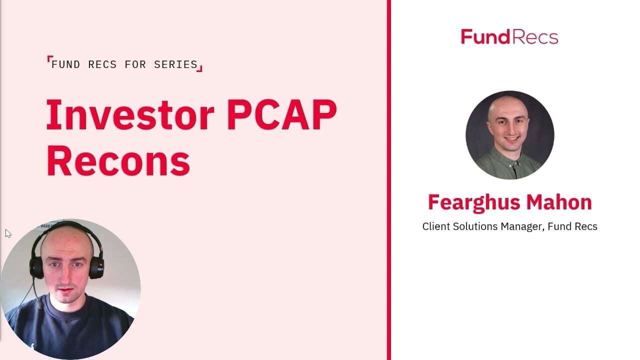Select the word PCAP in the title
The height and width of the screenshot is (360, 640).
(281, 115)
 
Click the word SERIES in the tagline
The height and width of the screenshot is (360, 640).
(175, 64)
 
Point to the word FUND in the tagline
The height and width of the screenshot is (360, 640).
(66, 64)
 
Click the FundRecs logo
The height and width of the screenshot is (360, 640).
(509, 37)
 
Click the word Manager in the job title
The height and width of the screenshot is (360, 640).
(521, 226)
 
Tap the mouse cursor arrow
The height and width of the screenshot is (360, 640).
(8, 233)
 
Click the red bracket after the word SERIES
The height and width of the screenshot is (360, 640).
(200, 68)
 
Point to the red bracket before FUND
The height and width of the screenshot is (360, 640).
(49, 59)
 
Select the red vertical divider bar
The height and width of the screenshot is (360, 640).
(388, 180)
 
